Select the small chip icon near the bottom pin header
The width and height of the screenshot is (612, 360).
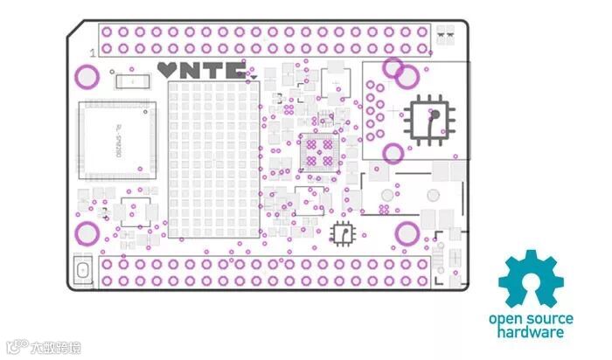[343, 233]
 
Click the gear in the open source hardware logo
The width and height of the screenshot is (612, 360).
[531, 279]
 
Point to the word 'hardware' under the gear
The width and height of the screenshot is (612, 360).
[531, 332]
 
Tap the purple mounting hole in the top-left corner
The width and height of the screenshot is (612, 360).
[87, 76]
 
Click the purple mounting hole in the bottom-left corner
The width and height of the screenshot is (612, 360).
[87, 232]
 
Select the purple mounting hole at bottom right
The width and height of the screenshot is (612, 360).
[407, 232]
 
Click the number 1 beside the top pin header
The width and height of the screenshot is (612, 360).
[93, 53]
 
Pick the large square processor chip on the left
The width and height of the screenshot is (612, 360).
[117, 140]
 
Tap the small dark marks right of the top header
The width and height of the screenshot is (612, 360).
[445, 35]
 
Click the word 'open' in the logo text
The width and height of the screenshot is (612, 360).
[504, 320]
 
